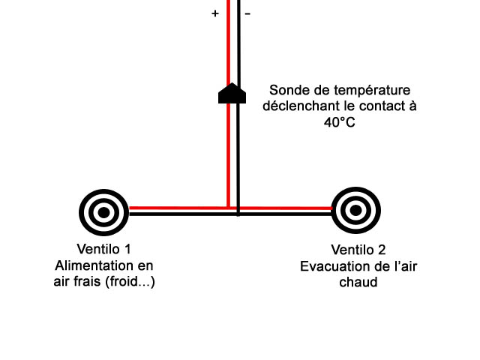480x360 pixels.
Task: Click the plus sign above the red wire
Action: [x=215, y=13]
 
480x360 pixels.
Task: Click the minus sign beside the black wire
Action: [x=247, y=13]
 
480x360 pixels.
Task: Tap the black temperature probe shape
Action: [x=232, y=94]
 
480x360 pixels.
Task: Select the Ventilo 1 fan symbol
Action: [x=103, y=211]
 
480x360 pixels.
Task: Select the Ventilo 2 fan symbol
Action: [x=355, y=211]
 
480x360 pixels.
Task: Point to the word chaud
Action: [x=358, y=283]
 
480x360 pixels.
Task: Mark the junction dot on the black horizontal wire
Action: [x=238, y=214]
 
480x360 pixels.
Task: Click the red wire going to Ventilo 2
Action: [x=285, y=208]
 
